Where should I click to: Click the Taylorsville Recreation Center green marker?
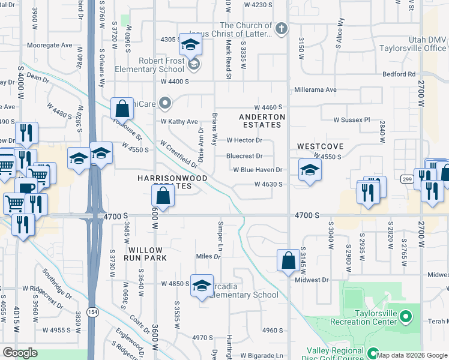[x=406, y=316]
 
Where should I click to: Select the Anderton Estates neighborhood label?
[x=261, y=121]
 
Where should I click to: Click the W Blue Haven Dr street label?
[x=258, y=170]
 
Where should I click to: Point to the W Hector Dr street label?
[x=244, y=140]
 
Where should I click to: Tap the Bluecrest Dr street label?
[x=244, y=156]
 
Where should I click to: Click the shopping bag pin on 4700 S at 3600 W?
[x=163, y=196]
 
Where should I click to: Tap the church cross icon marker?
[x=281, y=28]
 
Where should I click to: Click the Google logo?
[x=20, y=353]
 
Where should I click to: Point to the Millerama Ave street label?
[x=315, y=89]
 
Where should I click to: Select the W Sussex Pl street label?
[x=352, y=119]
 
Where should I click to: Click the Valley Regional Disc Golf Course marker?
[x=372, y=353]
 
